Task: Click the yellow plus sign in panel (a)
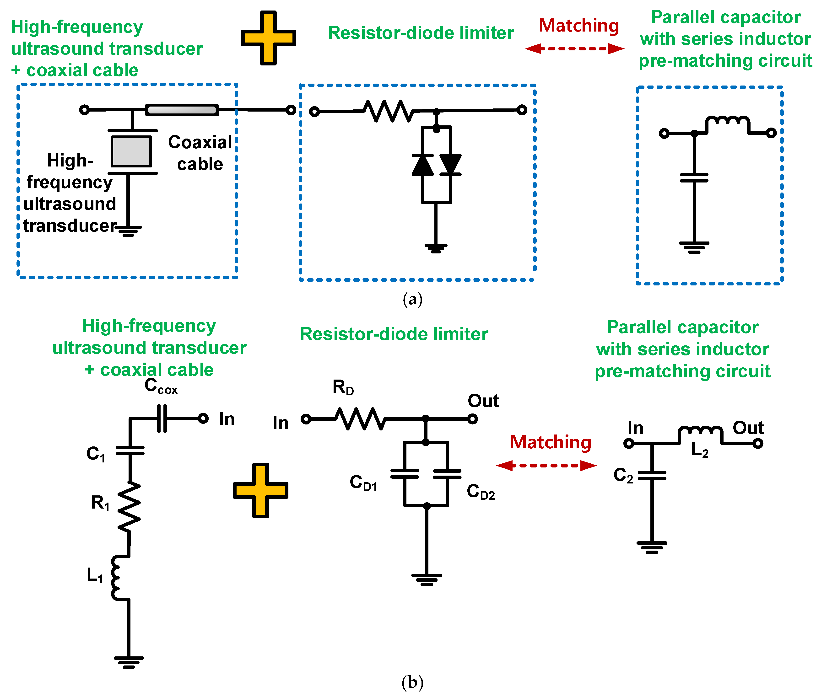[268, 38]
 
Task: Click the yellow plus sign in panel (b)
[260, 490]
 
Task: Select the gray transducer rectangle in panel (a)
[131, 151]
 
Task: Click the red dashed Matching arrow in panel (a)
[575, 49]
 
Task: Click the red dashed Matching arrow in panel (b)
[546, 466]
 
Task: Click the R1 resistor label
[100, 503]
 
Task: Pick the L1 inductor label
[95, 575]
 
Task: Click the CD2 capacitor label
[481, 492]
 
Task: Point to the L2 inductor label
[699, 450]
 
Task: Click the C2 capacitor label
[623, 475]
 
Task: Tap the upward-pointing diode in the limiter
[422, 165]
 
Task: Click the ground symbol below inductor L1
[129, 662]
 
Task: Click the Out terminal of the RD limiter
[472, 419]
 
